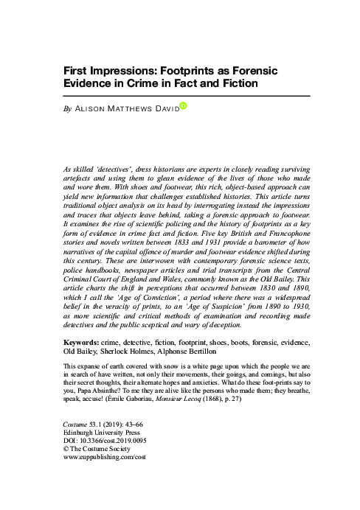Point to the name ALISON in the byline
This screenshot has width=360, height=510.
click(96, 111)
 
